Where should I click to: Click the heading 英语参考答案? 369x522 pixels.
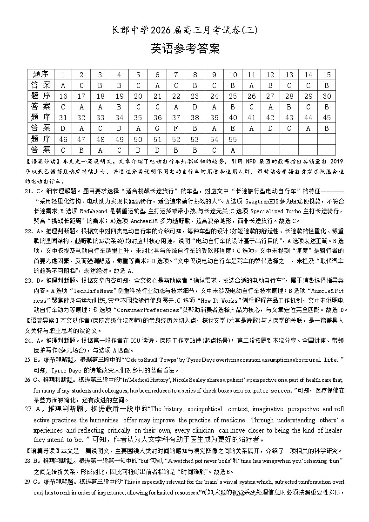(185, 49)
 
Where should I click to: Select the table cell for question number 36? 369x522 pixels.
(157, 118)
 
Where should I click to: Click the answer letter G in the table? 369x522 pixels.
(157, 128)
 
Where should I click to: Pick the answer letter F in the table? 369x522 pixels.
(176, 128)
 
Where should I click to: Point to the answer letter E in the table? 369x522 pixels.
(233, 128)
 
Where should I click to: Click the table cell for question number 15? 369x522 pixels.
(327, 75)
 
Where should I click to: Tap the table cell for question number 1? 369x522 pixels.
(63, 75)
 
